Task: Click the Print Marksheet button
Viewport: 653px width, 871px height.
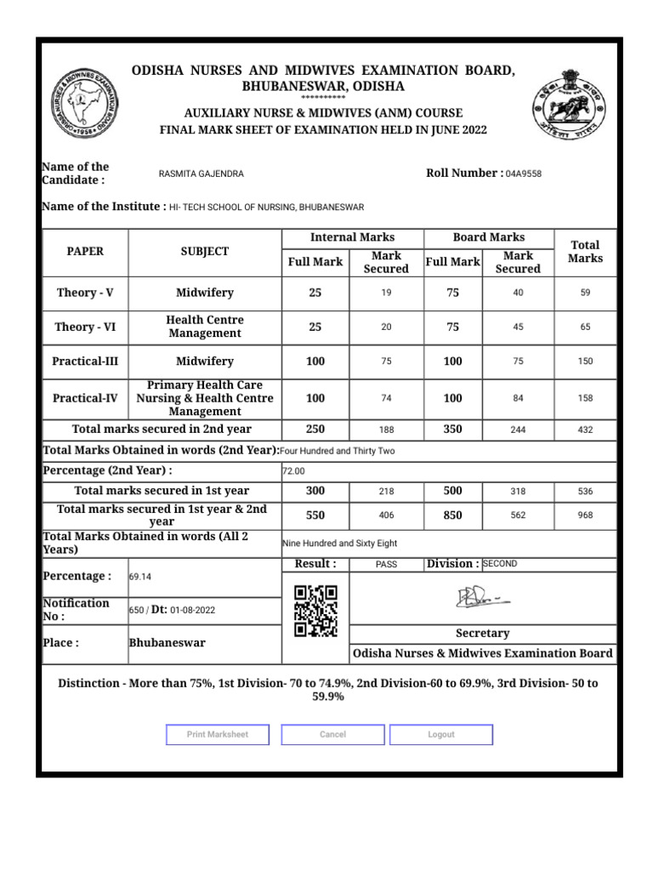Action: point(218,735)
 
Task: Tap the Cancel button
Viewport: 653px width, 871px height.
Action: point(332,735)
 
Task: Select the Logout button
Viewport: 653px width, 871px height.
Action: point(441,735)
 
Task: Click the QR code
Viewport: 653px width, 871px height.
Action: point(315,611)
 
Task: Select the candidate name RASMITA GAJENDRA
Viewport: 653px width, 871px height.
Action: point(201,174)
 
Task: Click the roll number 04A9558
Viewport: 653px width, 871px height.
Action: point(523,174)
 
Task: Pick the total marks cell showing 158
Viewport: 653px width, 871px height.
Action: point(585,398)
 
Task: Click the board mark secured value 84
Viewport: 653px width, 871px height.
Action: point(518,398)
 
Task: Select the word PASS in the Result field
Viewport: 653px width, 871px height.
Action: point(386,565)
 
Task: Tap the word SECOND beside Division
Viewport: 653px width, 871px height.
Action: point(501,564)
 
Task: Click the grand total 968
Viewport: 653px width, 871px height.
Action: point(585,515)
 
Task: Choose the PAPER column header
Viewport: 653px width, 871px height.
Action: point(85,252)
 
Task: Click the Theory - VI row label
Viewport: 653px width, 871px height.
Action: point(85,327)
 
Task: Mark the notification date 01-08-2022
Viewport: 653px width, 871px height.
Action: point(193,610)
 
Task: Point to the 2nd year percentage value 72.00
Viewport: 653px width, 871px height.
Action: point(293,471)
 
